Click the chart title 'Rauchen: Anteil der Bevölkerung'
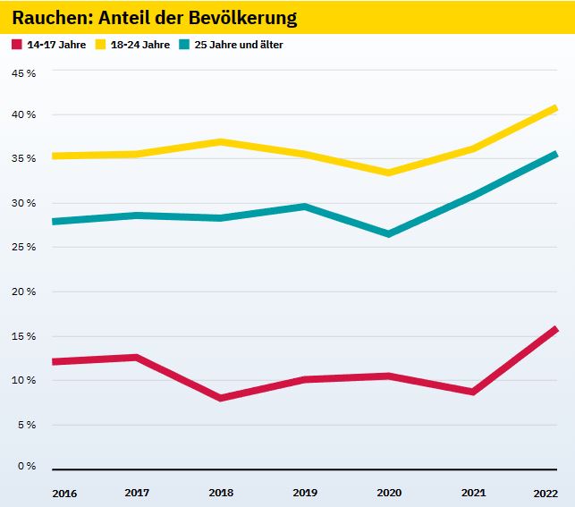coord(155,18)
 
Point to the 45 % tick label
coord(24,72)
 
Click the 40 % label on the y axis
coord(24,115)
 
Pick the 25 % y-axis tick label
coord(24,248)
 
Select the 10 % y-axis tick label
coord(24,380)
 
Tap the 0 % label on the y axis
coord(27,467)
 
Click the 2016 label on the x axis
coord(64,492)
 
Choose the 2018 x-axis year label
coord(220,492)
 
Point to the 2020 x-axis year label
coord(388,492)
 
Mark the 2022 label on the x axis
coord(545,492)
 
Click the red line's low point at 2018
coord(220,398)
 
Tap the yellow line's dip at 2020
coord(388,173)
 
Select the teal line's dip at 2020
coord(388,234)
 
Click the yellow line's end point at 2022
coord(555,108)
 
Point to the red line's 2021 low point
coord(472,392)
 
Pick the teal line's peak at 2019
coord(304,207)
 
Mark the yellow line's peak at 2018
coord(220,141)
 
